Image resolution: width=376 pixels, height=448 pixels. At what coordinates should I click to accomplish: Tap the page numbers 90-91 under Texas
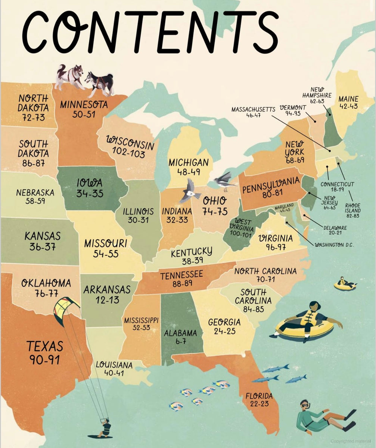click(x=44, y=360)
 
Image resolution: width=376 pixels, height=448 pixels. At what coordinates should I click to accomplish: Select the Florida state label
click(x=259, y=396)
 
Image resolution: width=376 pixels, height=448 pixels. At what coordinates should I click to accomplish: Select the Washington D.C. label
click(x=334, y=245)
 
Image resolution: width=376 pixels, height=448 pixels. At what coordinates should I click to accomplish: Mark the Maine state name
click(x=348, y=99)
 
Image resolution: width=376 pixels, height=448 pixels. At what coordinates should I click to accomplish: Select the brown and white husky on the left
click(x=69, y=76)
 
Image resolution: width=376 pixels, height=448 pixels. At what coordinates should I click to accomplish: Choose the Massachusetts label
click(x=253, y=109)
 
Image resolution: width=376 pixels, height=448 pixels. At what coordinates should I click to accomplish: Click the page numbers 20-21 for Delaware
click(x=334, y=233)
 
